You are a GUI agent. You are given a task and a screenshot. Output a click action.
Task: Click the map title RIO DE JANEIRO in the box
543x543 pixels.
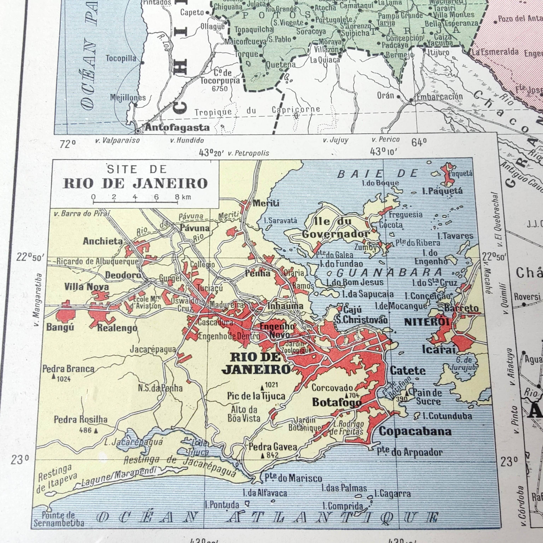pyautogui.click(x=135, y=183)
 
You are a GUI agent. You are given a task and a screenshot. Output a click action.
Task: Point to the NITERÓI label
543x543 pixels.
pyautogui.click(x=427, y=322)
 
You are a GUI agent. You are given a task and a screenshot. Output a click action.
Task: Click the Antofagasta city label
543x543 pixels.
pyautogui.click(x=177, y=128)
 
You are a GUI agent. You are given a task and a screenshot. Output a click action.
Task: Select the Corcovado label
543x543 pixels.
pyautogui.click(x=332, y=388)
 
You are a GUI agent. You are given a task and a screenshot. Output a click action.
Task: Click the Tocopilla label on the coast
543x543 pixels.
pyautogui.click(x=121, y=59)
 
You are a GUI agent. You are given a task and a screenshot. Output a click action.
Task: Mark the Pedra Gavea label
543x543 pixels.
pyautogui.click(x=273, y=447)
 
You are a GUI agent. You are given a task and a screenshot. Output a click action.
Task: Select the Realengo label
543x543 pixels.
pyautogui.click(x=117, y=328)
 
